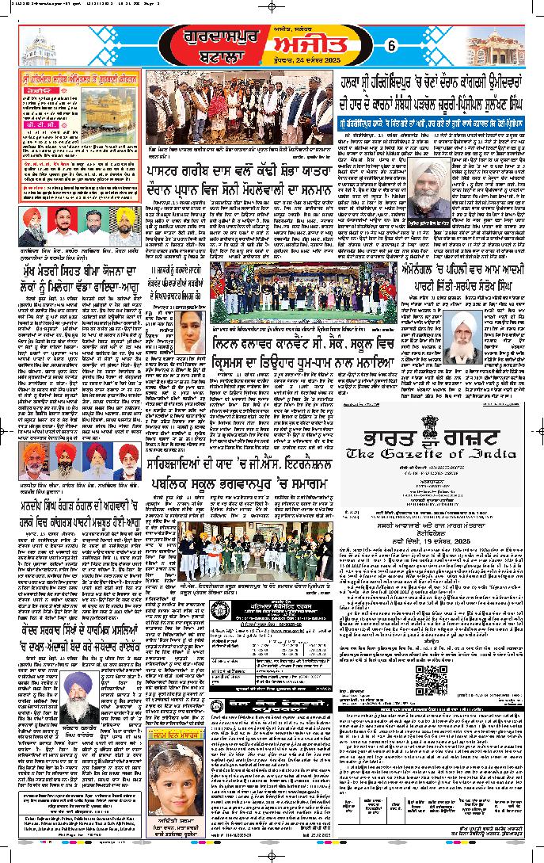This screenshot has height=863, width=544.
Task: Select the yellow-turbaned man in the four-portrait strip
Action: click(124, 227)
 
